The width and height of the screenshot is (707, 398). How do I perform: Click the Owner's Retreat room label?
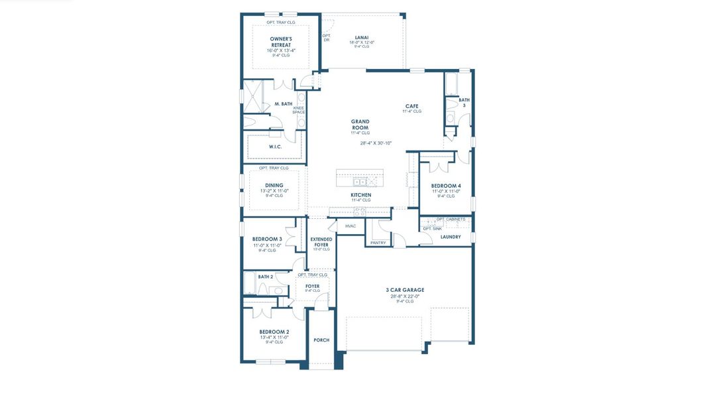[280, 42]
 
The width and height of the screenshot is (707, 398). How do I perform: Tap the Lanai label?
[362, 38]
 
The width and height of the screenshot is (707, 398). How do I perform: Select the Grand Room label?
[360, 125]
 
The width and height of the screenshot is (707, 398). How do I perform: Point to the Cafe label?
[411, 106]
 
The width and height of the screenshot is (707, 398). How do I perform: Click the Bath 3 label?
[464, 103]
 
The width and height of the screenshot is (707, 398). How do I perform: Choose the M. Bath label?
[283, 103]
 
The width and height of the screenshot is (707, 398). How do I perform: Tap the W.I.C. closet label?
[275, 147]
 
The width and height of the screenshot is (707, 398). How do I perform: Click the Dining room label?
[274, 186]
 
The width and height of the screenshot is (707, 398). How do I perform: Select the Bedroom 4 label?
[445, 186]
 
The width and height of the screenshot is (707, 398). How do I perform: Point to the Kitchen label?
[360, 195]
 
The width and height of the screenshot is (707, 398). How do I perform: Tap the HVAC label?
[351, 226]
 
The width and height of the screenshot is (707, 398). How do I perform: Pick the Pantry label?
[378, 243]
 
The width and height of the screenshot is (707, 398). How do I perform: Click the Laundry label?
[450, 237]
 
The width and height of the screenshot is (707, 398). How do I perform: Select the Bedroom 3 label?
[267, 239]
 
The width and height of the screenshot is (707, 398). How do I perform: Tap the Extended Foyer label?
[321, 242]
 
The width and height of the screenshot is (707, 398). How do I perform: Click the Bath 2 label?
[265, 277]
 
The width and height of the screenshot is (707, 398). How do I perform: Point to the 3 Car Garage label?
[404, 290]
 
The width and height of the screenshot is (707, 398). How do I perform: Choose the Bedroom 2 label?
[274, 332]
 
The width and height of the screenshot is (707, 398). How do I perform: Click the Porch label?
[321, 340]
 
